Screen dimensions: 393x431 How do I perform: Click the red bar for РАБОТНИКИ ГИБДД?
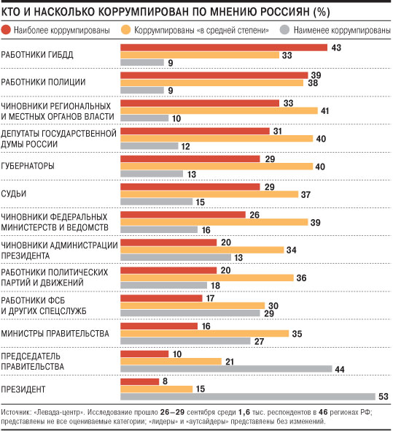click(224, 47)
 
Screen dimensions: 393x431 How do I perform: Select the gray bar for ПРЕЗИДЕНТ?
click(248, 397)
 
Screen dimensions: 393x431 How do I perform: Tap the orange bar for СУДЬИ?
click(209, 194)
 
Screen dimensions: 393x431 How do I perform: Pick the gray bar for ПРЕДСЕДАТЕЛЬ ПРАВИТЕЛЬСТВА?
click(226, 369)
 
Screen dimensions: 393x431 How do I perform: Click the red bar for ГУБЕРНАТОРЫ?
click(190, 159)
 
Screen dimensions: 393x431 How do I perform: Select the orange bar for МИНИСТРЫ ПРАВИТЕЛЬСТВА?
click(204, 333)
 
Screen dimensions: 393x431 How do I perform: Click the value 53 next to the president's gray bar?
click(384, 397)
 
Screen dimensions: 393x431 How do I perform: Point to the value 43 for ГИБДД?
click(336, 47)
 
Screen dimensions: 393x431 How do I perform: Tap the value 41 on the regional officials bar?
click(324, 111)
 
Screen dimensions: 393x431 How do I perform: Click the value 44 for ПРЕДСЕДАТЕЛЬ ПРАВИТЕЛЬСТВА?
click(340, 369)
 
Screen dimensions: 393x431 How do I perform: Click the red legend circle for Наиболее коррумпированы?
click(6, 30)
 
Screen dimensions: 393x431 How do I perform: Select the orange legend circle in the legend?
click(126, 30)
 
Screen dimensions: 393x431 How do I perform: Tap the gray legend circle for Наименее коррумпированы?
click(284, 30)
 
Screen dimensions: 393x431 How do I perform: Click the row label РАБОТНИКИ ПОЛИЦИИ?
click(43, 82)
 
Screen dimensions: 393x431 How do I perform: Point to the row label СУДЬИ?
click(14, 194)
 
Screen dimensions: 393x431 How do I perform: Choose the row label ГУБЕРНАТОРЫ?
click(28, 166)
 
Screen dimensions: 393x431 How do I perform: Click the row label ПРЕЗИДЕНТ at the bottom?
click(23, 389)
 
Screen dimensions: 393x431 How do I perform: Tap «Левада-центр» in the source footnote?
click(59, 412)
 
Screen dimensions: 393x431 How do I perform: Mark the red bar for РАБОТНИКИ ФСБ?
click(161, 298)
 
